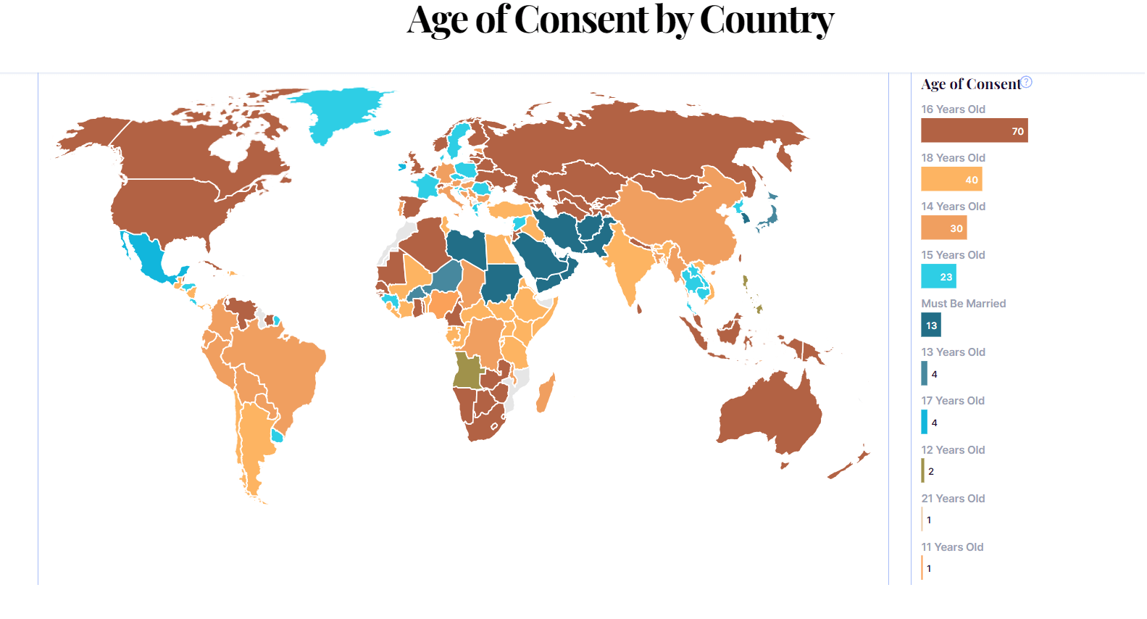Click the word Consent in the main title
pyautogui.click(x=581, y=20)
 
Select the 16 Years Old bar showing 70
pyautogui.click(x=974, y=130)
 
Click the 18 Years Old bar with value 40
pyautogui.click(x=951, y=179)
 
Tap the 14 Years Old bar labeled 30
pyautogui.click(x=943, y=228)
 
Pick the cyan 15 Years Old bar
pyautogui.click(x=938, y=276)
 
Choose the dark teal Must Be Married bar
pyautogui.click(x=931, y=325)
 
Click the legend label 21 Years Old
pyautogui.click(x=953, y=499)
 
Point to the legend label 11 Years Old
pyautogui.click(x=952, y=547)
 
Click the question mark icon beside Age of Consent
pyautogui.click(x=1027, y=82)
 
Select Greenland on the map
pyautogui.click(x=341, y=112)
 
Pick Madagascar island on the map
pyautogui.click(x=546, y=393)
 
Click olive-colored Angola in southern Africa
pyautogui.click(x=467, y=370)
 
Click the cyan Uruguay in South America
pyautogui.click(x=277, y=436)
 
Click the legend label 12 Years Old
pyautogui.click(x=953, y=450)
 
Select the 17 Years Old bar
pyautogui.click(x=925, y=422)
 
